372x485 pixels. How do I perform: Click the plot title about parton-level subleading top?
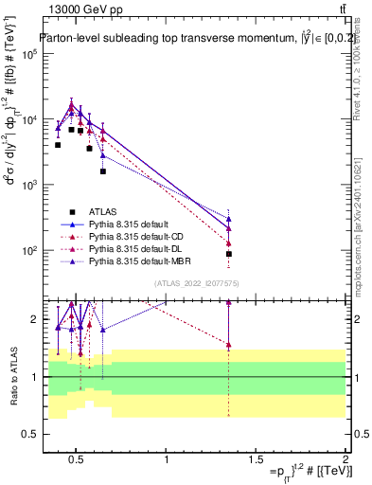[193, 39]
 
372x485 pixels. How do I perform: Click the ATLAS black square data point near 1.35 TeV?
[229, 254]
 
